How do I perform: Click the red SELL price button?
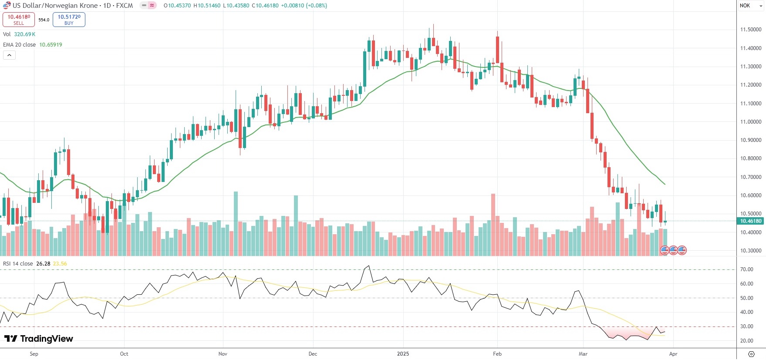click(x=19, y=20)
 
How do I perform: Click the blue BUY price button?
click(x=69, y=20)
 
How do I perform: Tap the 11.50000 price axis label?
click(x=751, y=30)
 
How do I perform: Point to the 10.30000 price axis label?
click(x=751, y=251)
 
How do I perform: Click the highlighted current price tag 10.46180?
click(x=751, y=221)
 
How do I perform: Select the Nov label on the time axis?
click(x=223, y=354)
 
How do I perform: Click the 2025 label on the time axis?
click(x=403, y=354)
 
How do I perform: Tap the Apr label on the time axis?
click(x=673, y=354)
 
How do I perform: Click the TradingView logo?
click(x=39, y=339)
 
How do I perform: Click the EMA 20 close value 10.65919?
click(x=51, y=45)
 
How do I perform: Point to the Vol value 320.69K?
click(x=25, y=34)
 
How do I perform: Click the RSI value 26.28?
click(x=43, y=264)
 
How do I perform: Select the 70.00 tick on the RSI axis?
click(x=746, y=269)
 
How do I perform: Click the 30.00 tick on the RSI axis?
click(x=746, y=326)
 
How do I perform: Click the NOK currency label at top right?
click(x=745, y=6)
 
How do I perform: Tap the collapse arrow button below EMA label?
click(x=9, y=55)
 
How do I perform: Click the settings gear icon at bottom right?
click(x=751, y=354)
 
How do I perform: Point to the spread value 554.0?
click(x=44, y=20)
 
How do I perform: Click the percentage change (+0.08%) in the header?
click(x=317, y=6)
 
